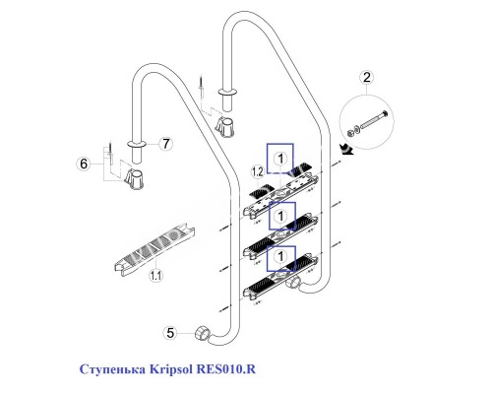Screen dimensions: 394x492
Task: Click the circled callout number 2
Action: pos(367,77)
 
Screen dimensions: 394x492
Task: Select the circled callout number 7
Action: pos(165,144)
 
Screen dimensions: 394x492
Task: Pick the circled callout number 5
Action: pos(169,333)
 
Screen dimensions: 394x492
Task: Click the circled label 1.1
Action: pos(156,278)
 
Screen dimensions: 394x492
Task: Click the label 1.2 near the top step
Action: pos(259,172)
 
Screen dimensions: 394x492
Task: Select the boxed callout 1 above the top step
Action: pos(281,156)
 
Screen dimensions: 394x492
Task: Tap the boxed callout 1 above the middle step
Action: pos(281,214)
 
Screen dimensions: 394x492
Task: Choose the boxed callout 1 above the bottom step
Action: pos(281,256)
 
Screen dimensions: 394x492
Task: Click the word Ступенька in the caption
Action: pos(115,369)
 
